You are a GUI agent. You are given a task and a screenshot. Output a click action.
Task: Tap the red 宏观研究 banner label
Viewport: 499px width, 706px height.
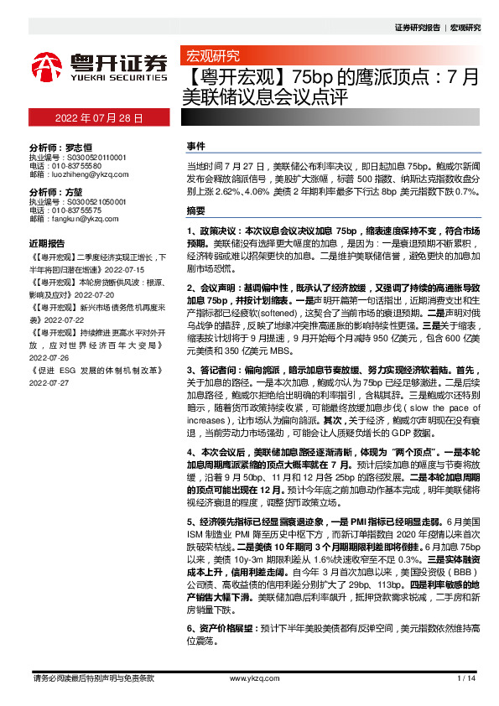211,56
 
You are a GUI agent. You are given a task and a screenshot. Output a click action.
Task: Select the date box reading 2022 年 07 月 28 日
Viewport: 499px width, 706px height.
99,118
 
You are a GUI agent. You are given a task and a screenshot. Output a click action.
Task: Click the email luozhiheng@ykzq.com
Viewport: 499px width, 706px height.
78,174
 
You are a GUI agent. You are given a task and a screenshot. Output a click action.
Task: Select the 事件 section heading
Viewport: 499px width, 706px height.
195,146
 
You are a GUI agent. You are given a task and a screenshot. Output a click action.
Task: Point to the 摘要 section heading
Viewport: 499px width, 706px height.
195,210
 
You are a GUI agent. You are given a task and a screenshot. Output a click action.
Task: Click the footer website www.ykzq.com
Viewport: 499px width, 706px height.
248,677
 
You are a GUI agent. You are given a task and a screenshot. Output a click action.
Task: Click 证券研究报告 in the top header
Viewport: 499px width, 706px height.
417,28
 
